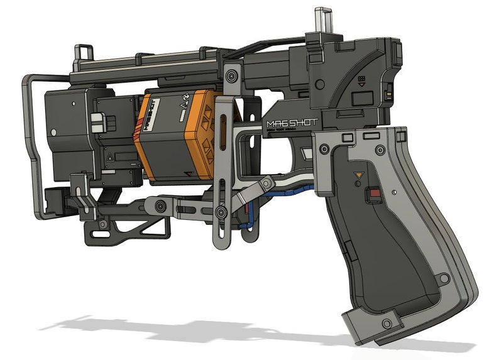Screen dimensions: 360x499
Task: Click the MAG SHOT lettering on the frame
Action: pyautogui.click(x=292, y=123)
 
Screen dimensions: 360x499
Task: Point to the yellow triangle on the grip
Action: pyautogui.click(x=359, y=174)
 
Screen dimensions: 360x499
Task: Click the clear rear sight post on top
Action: pyautogui.click(x=322, y=19)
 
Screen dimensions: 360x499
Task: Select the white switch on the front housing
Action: pyautogui.click(x=97, y=122)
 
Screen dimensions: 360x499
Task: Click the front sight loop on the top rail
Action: pyautogui.click(x=82, y=55)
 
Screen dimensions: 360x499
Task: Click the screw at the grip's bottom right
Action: pyautogui.click(x=445, y=277)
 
